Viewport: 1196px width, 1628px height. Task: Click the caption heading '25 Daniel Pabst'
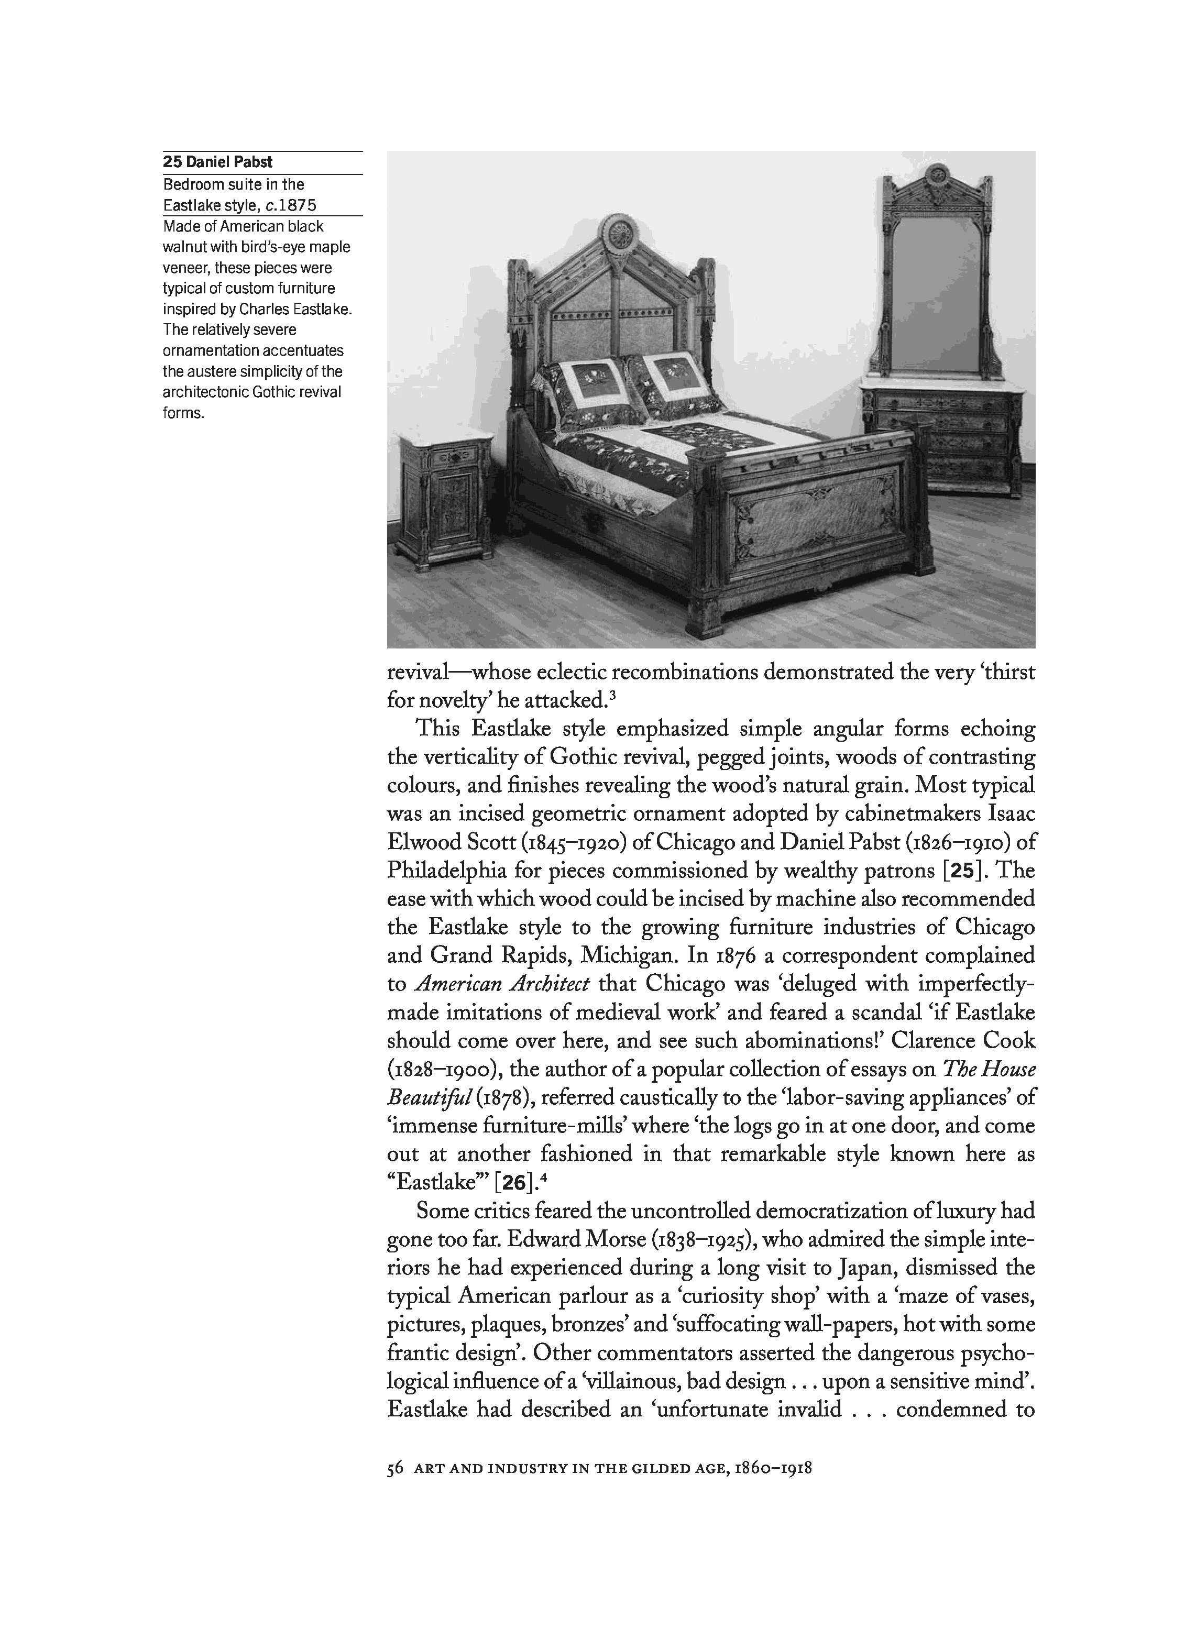[218, 162]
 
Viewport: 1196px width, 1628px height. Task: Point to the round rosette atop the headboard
[620, 234]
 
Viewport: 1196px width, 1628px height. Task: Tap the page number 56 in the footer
[394, 1469]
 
